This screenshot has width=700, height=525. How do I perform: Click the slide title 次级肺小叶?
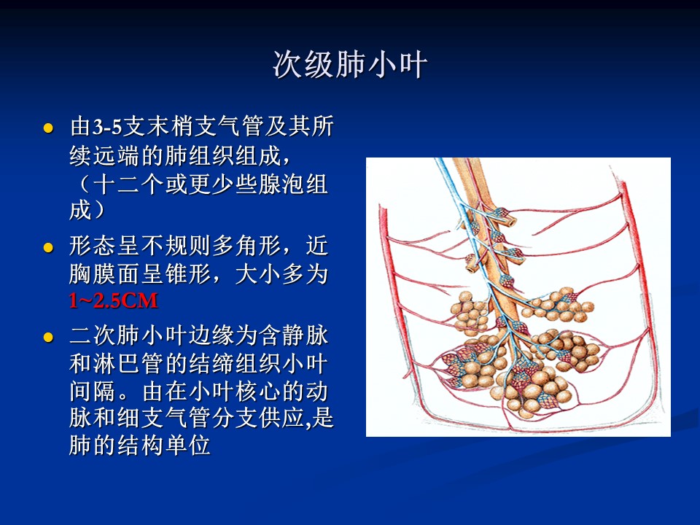[x=350, y=65]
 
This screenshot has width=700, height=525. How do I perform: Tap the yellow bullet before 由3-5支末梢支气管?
[x=48, y=128]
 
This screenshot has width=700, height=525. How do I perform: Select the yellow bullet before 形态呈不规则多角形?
[x=48, y=247]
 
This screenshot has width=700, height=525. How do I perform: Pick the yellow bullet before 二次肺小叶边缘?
[x=48, y=337]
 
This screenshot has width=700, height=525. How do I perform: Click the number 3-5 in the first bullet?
[x=107, y=127]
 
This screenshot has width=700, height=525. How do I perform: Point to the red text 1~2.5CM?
[x=114, y=300]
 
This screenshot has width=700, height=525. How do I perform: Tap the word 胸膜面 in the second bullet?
[x=104, y=274]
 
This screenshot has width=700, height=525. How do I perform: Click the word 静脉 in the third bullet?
[x=306, y=335]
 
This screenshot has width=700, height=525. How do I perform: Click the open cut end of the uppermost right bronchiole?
[x=512, y=222]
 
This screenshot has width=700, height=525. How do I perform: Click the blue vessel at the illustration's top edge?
[x=443, y=168]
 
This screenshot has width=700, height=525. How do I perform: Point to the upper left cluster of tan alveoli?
[x=470, y=313]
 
